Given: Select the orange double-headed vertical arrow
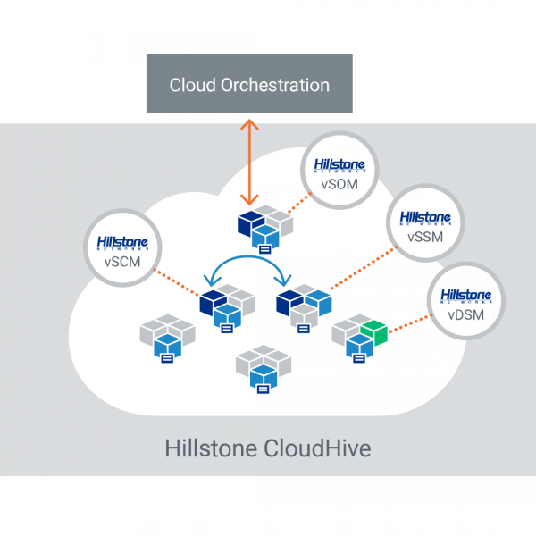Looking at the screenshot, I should coord(251,161).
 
